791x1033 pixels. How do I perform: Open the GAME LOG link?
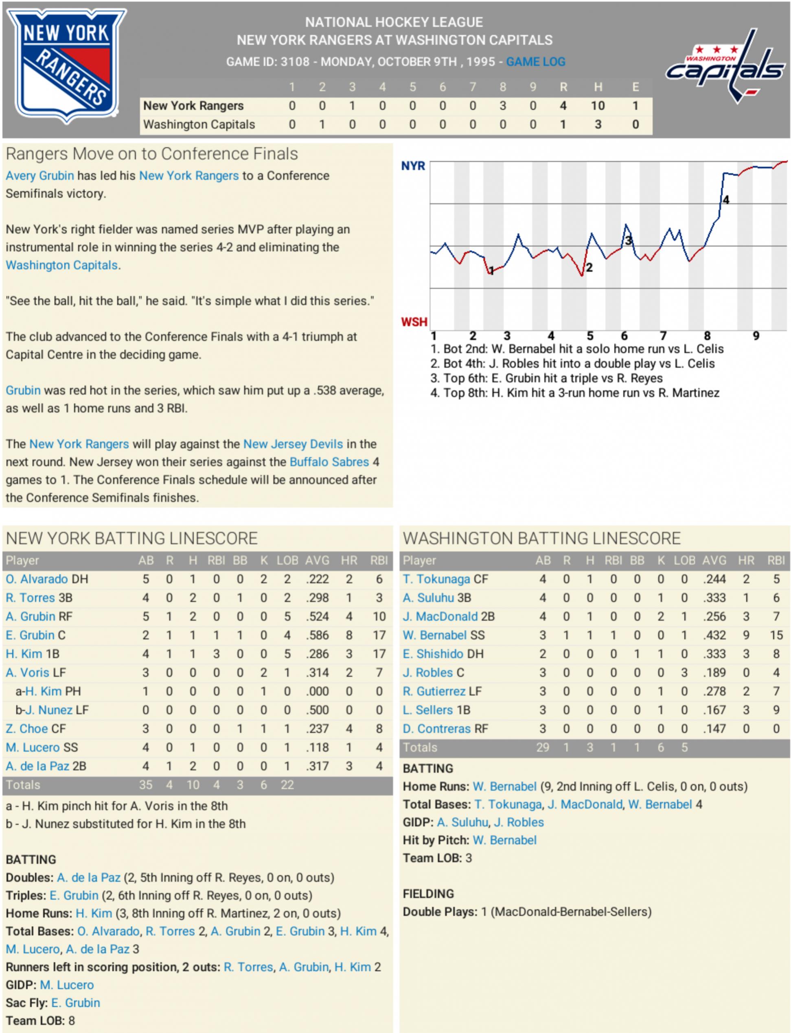(535, 62)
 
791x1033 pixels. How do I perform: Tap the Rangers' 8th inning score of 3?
(502, 106)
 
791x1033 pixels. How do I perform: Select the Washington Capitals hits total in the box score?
(598, 125)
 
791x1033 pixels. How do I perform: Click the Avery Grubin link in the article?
(39, 175)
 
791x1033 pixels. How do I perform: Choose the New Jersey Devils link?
(293, 444)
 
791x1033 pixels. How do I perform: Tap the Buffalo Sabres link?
(329, 462)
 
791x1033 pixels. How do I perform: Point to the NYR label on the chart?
(413, 166)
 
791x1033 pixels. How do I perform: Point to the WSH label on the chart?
(414, 322)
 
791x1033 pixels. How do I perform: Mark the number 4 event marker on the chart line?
(726, 200)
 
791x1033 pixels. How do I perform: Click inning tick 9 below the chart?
(756, 336)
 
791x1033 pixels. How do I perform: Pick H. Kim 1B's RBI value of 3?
(216, 654)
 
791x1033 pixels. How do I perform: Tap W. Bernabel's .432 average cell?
(714, 635)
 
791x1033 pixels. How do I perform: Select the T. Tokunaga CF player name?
(436, 579)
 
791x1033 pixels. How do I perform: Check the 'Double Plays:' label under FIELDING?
(440, 912)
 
